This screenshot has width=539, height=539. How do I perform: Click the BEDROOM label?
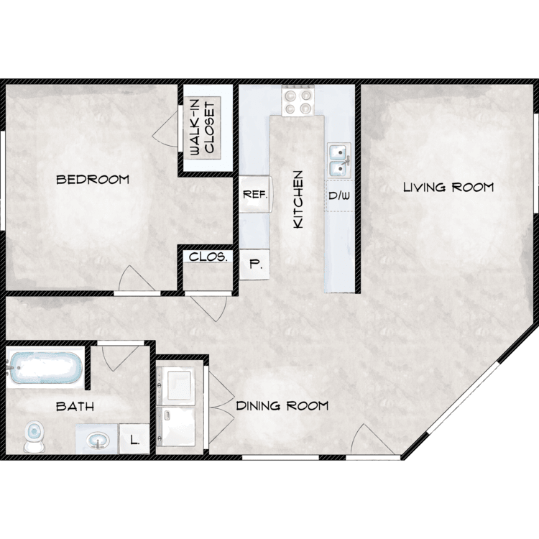(x=93, y=180)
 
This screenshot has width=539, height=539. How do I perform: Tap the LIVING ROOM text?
(x=448, y=188)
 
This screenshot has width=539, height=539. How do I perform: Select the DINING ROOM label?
(x=282, y=406)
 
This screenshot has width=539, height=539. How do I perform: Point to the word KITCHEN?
(x=298, y=199)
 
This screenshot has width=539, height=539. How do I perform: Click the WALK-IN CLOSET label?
(x=202, y=128)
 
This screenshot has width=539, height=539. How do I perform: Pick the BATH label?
(x=75, y=407)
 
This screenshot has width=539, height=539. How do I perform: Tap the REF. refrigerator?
(x=255, y=194)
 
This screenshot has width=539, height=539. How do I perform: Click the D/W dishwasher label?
(x=339, y=195)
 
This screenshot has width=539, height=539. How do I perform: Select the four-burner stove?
(x=298, y=101)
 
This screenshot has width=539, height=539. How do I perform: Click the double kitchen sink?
(x=339, y=160)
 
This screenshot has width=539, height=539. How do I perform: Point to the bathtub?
(x=46, y=368)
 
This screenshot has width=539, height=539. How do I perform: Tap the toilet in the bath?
(x=34, y=437)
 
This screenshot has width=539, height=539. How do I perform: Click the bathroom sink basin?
(x=98, y=441)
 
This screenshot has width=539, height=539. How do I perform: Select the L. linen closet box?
(x=134, y=439)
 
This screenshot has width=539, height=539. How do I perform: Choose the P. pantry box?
(x=254, y=264)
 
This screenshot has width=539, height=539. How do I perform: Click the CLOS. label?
(x=208, y=257)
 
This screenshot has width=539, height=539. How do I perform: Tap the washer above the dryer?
(x=175, y=384)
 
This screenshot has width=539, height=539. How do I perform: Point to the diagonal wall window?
(x=462, y=397)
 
